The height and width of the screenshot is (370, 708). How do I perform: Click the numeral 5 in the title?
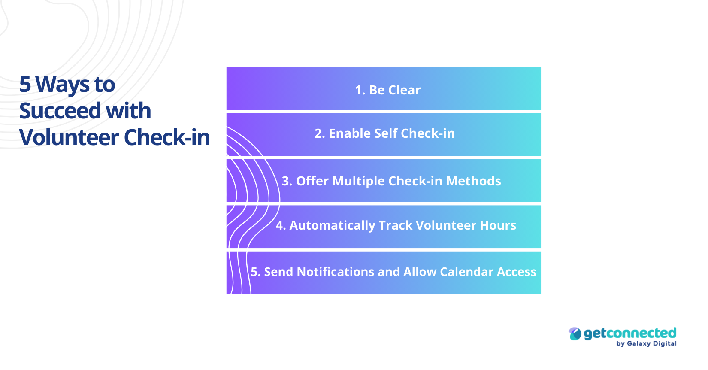coord(25,85)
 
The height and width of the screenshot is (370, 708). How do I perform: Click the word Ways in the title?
coord(62,85)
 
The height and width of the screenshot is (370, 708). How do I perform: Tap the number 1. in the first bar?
coord(360,90)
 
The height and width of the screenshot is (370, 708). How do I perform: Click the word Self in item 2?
coord(385,133)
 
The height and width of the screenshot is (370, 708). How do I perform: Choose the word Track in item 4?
coord(395,225)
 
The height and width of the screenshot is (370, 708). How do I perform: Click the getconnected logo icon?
coord(575,334)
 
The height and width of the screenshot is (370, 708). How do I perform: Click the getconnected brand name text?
coord(630,333)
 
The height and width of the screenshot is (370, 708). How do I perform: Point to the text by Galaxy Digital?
coord(646,343)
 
